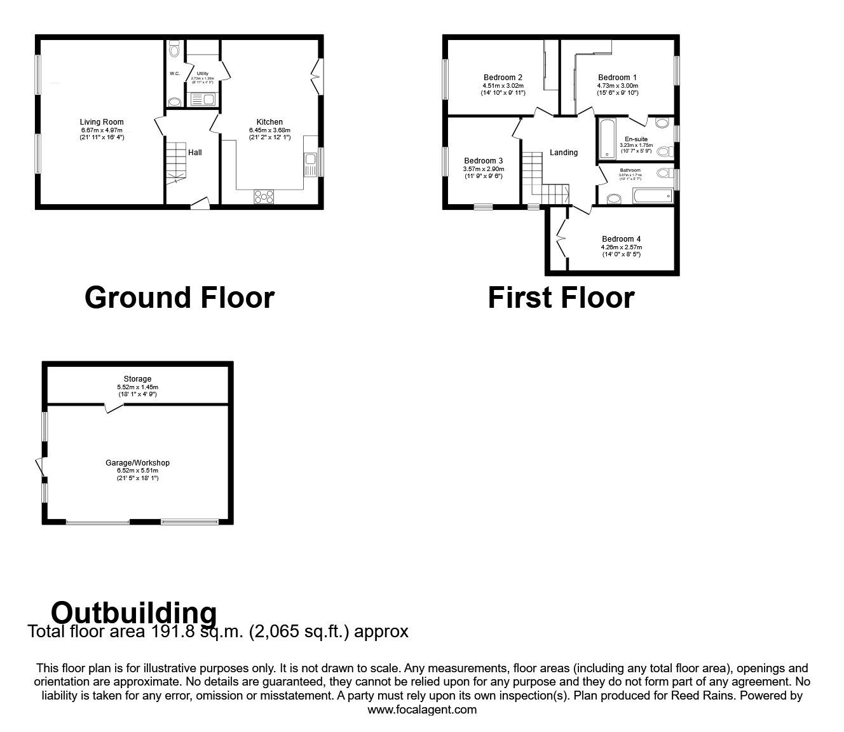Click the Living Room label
tap(102, 121)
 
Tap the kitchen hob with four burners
tap(264, 197)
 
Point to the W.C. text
tap(175, 74)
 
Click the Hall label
tap(195, 153)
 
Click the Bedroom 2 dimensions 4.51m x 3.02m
tap(503, 85)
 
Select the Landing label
tap(564, 153)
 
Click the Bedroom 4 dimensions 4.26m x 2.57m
tap(621, 247)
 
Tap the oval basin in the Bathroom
tap(613, 198)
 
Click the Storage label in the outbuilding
tap(138, 379)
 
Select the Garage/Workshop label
tap(137, 463)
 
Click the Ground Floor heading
tap(179, 298)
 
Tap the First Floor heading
tap(561, 298)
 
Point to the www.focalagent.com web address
tap(422, 709)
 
